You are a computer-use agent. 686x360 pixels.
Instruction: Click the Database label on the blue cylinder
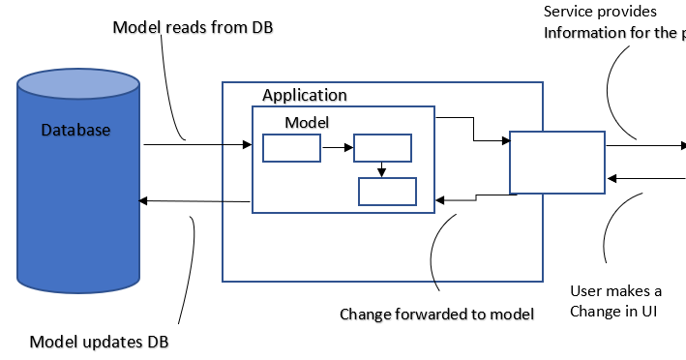pyautogui.click(x=75, y=130)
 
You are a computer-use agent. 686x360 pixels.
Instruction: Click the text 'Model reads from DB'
pyautogui.click(x=194, y=27)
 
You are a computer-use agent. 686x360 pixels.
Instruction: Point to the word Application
pyautogui.click(x=304, y=95)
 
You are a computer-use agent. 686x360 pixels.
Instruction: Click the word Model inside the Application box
pyautogui.click(x=307, y=123)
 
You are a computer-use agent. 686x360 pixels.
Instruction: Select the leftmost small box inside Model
pyautogui.click(x=291, y=148)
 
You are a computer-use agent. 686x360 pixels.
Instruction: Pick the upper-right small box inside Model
pyautogui.click(x=382, y=148)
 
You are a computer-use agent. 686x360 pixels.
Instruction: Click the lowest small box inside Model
pyautogui.click(x=387, y=192)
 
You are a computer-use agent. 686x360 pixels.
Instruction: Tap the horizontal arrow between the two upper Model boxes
pyautogui.click(x=337, y=148)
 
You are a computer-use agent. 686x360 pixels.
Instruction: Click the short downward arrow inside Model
pyautogui.click(x=382, y=169)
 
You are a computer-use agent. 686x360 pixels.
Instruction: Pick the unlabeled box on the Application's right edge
pyautogui.click(x=556, y=163)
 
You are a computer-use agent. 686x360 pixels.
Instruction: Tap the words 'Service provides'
pyautogui.click(x=600, y=12)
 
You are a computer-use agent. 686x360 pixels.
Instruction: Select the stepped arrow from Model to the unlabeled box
pyautogui.click(x=473, y=130)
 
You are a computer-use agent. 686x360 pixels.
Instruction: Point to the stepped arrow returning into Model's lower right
pyautogui.click(x=475, y=198)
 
